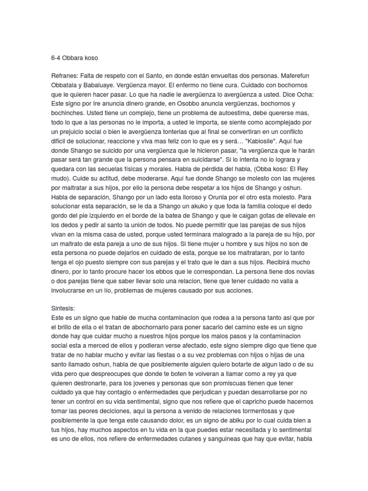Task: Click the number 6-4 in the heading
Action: click(57, 58)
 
